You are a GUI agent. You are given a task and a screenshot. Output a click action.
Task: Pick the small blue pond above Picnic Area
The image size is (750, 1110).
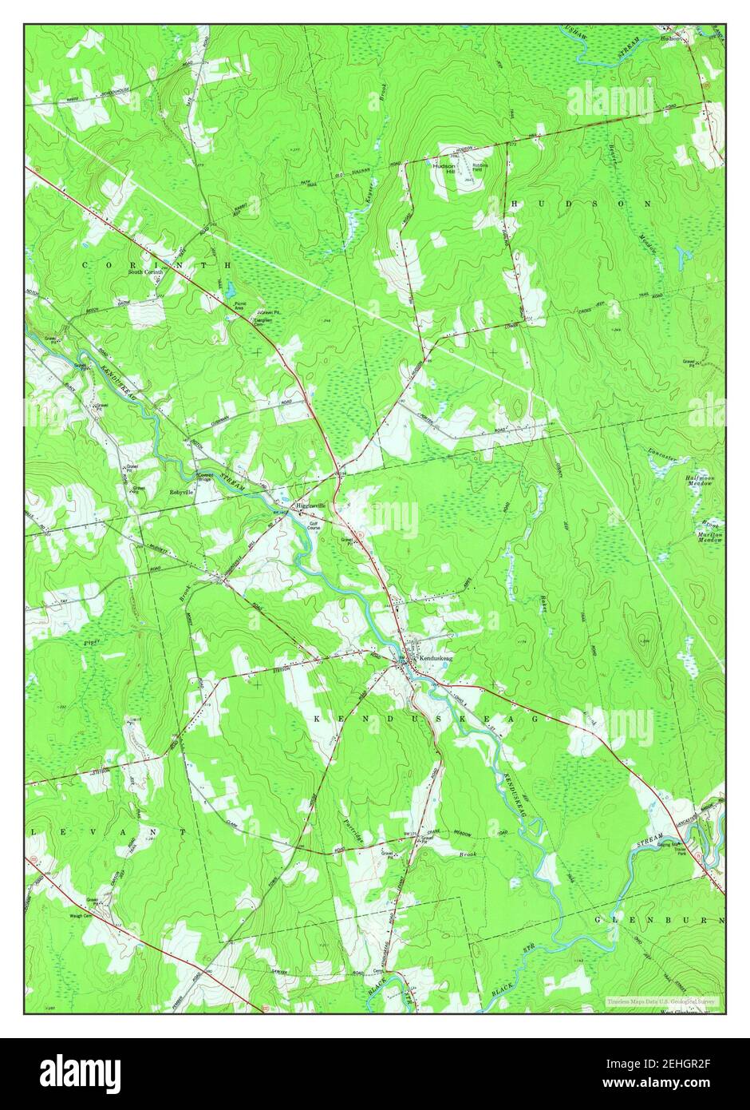pyautogui.click(x=229, y=288)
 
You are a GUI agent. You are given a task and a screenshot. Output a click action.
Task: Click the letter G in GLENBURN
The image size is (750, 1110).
pyautogui.click(x=598, y=920)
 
